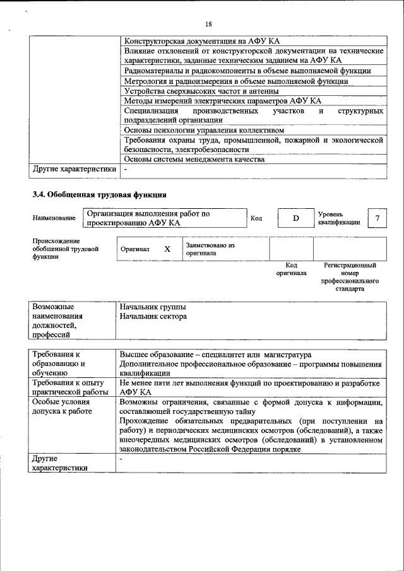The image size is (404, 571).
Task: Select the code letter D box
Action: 294,218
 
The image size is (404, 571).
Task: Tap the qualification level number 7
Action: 377,218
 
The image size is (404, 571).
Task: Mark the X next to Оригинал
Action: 167,249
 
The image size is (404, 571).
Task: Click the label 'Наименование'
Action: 54,218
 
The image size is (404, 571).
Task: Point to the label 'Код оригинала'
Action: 291,269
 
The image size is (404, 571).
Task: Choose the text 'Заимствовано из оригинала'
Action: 210,249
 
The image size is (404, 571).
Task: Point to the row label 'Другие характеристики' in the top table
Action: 74,169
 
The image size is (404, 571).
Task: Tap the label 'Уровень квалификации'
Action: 340,218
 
